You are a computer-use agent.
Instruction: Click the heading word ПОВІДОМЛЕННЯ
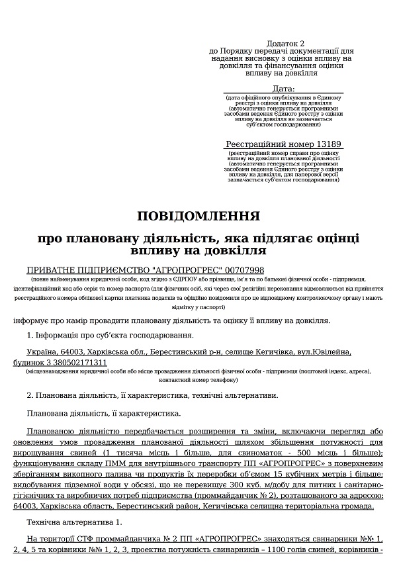tap(198, 216)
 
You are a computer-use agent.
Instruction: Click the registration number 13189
tap(329, 144)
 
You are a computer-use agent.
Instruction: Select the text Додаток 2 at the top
tap(281, 42)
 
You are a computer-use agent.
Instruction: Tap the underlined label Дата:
tap(283, 89)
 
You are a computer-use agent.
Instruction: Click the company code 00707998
tap(244, 270)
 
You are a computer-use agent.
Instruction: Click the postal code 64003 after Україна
tap(73, 353)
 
